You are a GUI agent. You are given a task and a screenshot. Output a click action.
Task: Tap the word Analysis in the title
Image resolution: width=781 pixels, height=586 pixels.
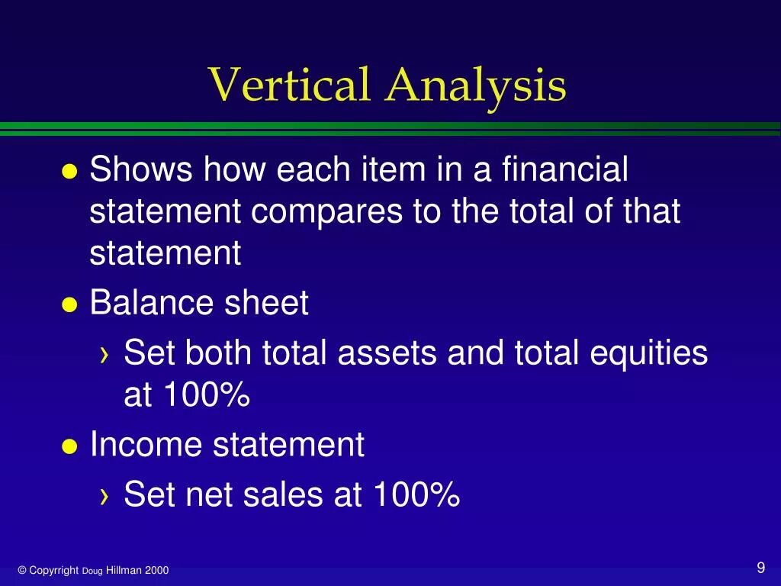(476, 85)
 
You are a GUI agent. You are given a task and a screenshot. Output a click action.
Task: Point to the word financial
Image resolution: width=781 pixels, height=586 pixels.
(565, 169)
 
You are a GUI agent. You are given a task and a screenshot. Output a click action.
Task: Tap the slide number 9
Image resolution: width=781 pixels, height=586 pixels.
(760, 568)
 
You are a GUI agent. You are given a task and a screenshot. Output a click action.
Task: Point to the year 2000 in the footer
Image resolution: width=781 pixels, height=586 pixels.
(158, 571)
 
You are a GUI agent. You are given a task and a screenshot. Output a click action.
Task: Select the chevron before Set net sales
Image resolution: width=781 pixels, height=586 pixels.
(104, 497)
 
